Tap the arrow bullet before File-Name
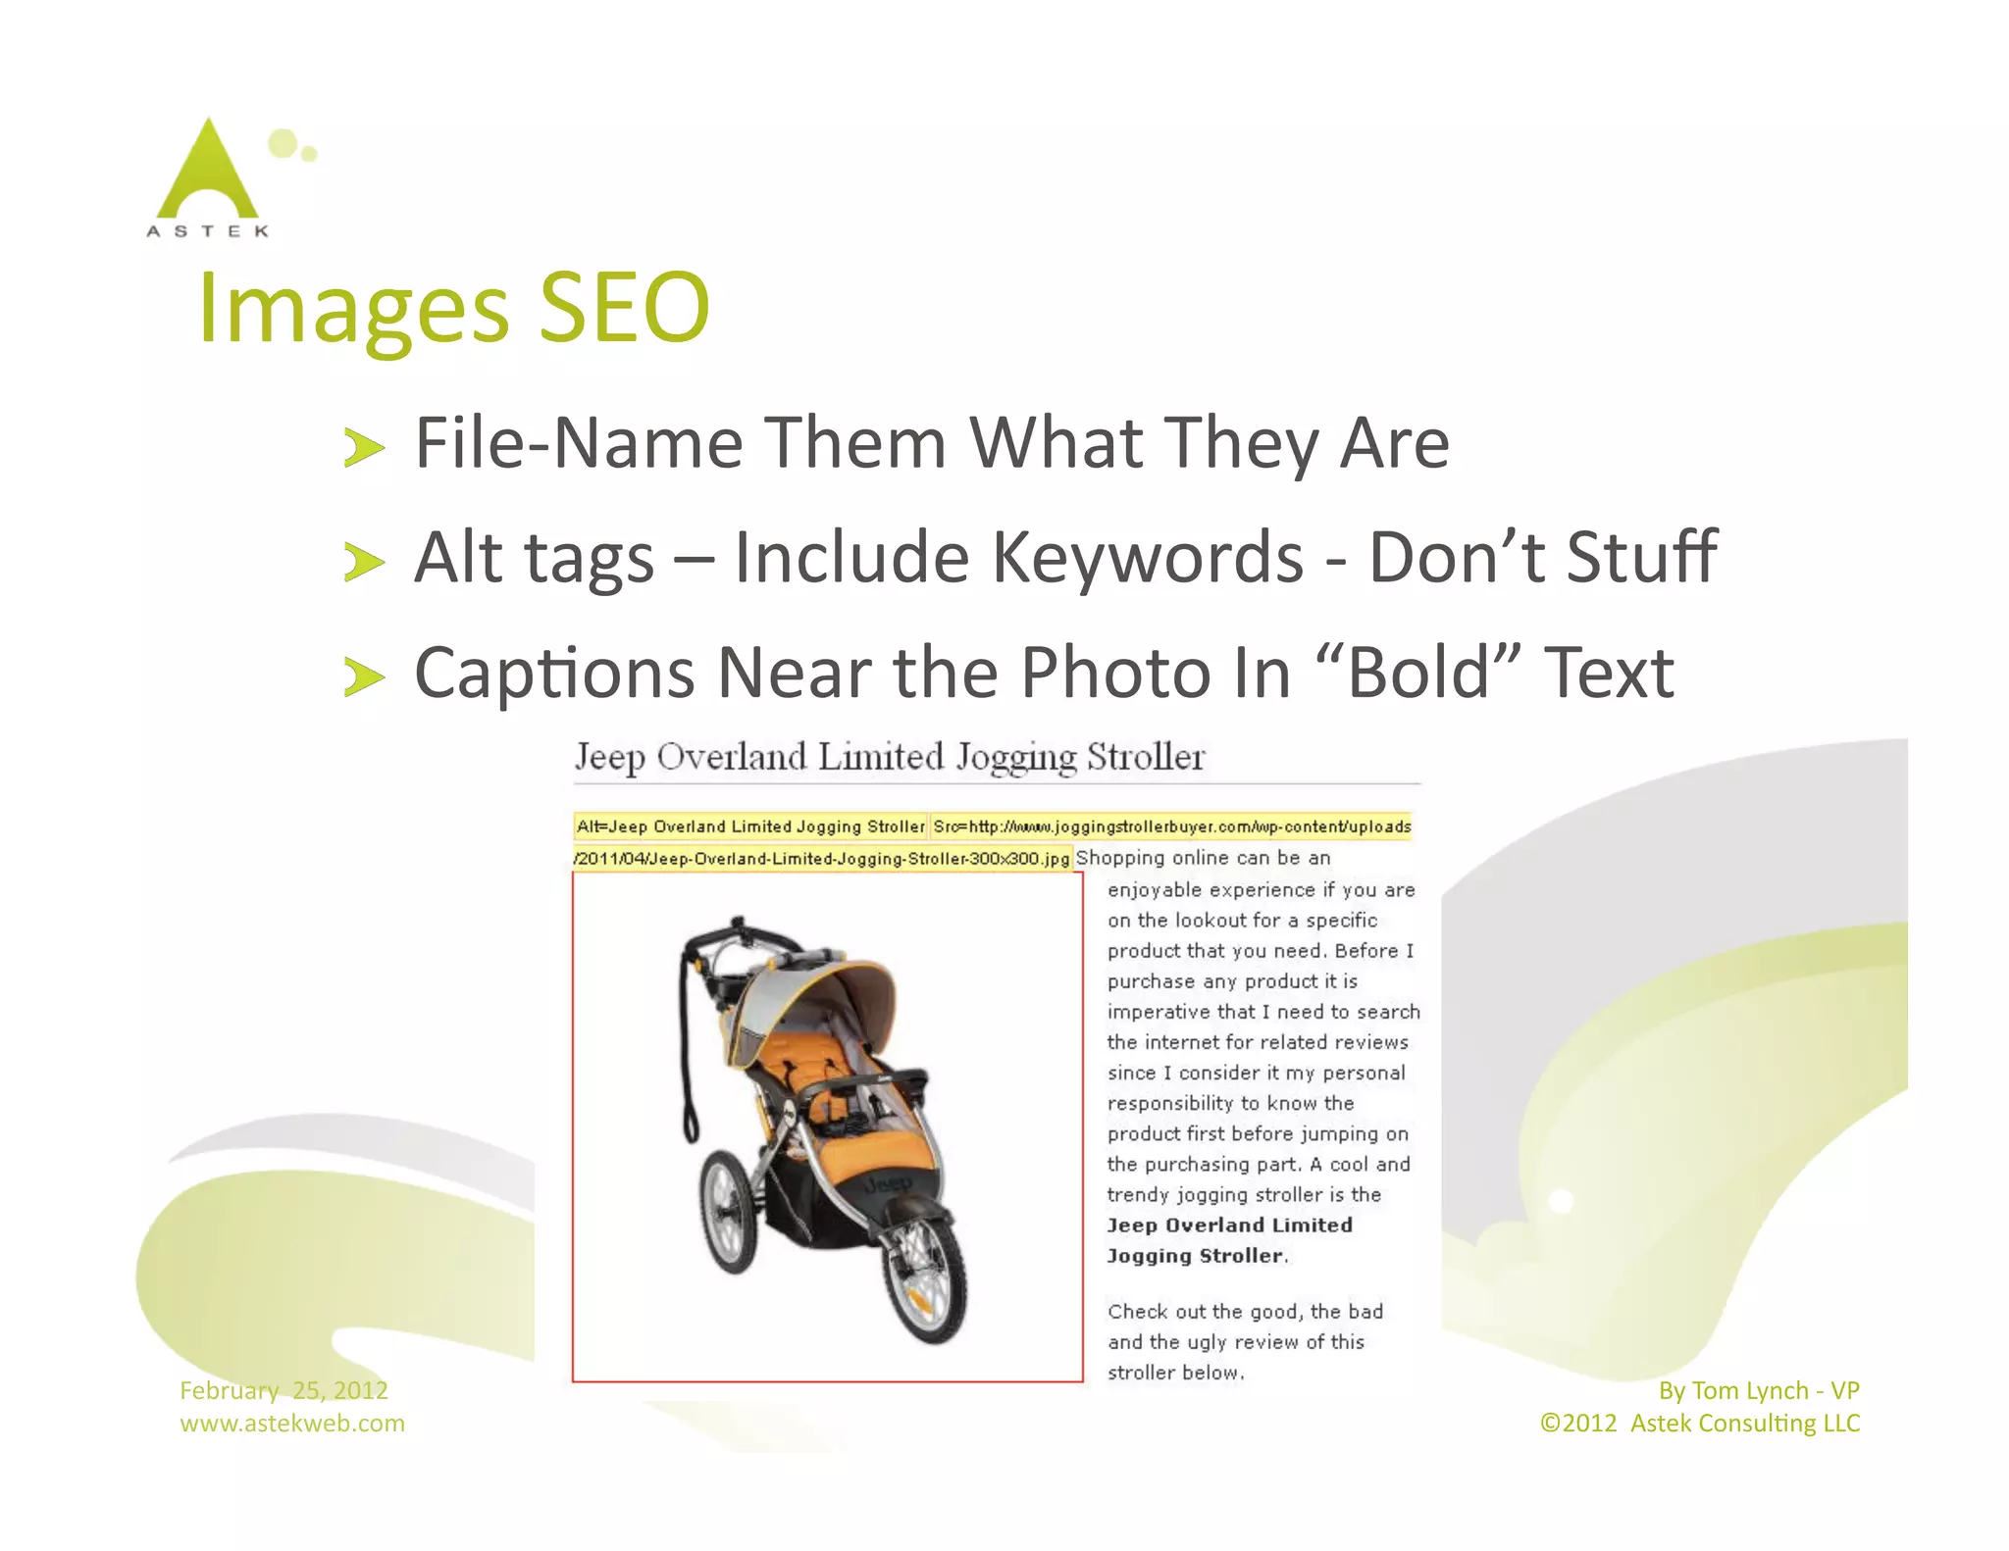363,448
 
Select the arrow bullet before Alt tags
363,563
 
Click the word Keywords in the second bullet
1147,558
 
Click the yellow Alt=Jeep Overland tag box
750,826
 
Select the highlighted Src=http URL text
1171,826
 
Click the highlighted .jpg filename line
822,859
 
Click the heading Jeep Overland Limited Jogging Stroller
889,757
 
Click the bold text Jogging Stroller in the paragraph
1195,1256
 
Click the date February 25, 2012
283,1390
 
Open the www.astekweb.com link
291,1423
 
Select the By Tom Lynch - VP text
1758,1390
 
